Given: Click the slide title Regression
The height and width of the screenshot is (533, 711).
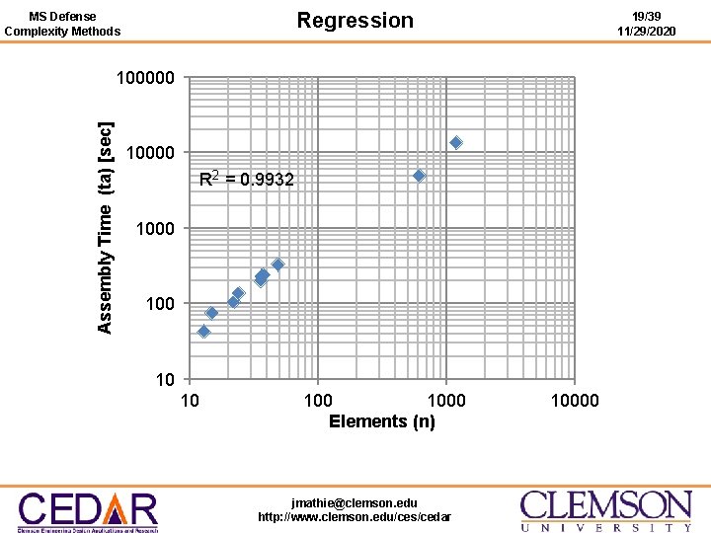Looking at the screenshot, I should point(355,21).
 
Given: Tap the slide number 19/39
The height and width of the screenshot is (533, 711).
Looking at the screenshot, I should point(646,17).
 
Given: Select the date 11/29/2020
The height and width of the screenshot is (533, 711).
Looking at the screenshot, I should point(646,32).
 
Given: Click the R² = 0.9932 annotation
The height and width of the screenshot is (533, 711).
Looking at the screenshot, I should point(246,180).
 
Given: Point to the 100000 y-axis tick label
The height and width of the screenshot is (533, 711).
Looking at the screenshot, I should point(145,78).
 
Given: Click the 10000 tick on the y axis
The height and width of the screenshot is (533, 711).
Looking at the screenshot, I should point(150,153).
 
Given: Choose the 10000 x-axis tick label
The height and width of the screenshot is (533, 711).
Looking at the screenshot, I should point(574,400).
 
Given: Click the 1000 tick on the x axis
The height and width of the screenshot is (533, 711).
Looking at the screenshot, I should point(445,400).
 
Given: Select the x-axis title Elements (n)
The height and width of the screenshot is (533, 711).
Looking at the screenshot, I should point(381,421).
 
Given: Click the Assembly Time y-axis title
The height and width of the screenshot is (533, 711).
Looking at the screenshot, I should point(106,227).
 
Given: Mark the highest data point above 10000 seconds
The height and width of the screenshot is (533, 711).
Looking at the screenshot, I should point(456,143).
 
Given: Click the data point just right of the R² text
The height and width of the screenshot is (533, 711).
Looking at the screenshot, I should point(419,175).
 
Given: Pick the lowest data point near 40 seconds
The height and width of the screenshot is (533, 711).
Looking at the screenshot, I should point(203,332).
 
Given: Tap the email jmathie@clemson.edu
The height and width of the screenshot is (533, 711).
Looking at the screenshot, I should point(355,503).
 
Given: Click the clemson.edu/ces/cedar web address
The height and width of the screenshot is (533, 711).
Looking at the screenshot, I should point(355,517).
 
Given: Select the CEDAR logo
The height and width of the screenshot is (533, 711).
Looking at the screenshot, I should point(88,511).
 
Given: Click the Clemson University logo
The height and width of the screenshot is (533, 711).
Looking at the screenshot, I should point(605,510).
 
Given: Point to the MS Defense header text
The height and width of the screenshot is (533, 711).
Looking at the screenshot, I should point(62,17).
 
